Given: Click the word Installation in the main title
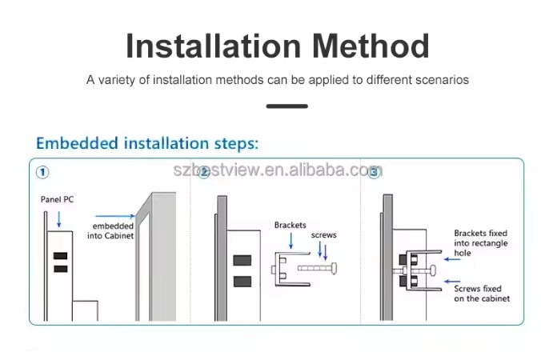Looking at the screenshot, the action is click(x=213, y=46).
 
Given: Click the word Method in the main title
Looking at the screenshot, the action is click(x=371, y=46).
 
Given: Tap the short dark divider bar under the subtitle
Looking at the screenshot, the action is click(x=287, y=106).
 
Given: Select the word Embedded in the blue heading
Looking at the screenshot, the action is click(x=77, y=142).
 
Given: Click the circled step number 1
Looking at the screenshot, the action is click(x=42, y=172).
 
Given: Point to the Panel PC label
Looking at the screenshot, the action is click(x=57, y=199).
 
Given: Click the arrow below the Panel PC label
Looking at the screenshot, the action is click(x=59, y=219).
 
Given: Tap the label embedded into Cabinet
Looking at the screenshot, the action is click(x=110, y=230).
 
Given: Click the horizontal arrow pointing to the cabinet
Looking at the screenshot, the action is click(x=115, y=216).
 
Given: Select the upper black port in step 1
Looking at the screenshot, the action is click(x=60, y=256).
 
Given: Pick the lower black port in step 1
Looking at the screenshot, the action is click(x=60, y=269).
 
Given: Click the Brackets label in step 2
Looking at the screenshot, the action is click(x=291, y=225).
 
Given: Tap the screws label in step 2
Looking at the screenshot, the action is click(x=323, y=235).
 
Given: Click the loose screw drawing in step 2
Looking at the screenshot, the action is click(x=318, y=268).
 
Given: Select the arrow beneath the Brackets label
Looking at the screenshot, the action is click(x=291, y=241).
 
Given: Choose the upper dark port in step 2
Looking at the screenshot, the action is click(x=242, y=260).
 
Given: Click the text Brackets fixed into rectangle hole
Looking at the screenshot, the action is click(x=481, y=243).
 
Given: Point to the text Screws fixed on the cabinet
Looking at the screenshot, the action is click(x=482, y=294).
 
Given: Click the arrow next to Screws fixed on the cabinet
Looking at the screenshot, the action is click(x=452, y=282).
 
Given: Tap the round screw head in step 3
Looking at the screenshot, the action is click(x=433, y=270).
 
